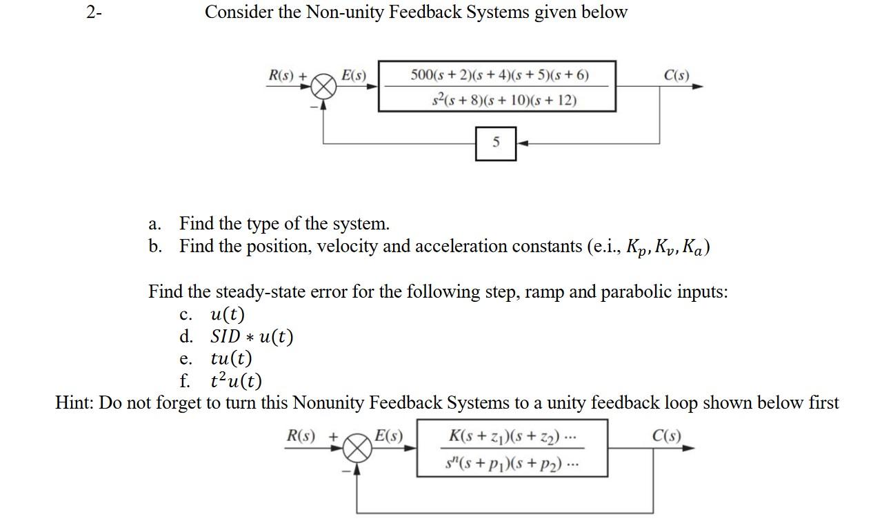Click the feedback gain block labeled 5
tap(496, 143)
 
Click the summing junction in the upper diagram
tap(324, 88)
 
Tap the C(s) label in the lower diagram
tap(666, 436)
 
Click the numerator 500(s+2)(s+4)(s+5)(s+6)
tap(499, 74)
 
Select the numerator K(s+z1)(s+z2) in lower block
tap(511, 436)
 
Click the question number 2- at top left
tap(94, 12)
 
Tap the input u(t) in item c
tap(228, 315)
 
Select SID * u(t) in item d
tap(252, 337)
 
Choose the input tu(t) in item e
tap(231, 359)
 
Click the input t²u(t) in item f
tap(236, 381)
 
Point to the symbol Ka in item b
tap(694, 247)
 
